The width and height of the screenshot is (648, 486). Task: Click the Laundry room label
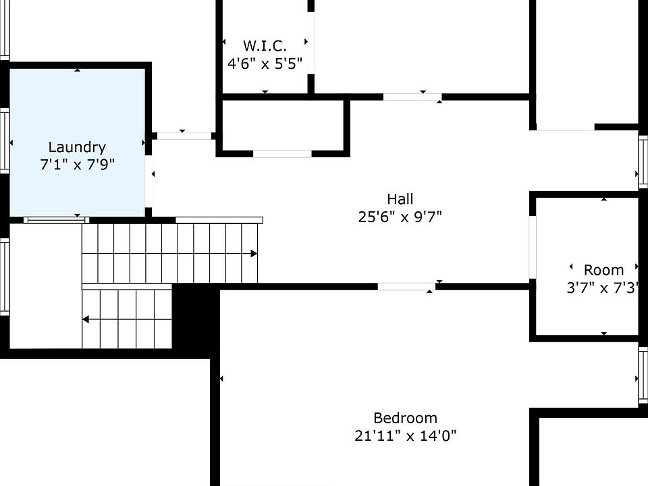(77, 147)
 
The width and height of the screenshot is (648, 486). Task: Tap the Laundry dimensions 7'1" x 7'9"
(77, 165)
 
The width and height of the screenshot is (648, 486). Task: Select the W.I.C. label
(265, 46)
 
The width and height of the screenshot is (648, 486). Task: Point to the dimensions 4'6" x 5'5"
(265, 63)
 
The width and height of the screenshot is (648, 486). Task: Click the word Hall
(400, 199)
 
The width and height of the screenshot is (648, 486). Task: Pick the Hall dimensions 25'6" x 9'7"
(400, 217)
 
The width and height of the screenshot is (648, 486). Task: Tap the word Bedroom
(405, 418)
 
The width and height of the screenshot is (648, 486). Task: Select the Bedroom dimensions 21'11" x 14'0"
(405, 435)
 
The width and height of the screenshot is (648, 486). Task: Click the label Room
(603, 270)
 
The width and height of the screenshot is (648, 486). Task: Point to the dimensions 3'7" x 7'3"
(603, 288)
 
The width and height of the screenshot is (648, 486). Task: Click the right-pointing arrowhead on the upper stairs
(254, 254)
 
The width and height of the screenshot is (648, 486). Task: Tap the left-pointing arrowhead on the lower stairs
(86, 319)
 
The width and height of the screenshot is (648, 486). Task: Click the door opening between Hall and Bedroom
(406, 287)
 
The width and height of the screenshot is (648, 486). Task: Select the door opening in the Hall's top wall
(412, 97)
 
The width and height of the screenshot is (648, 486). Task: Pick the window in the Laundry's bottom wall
(55, 219)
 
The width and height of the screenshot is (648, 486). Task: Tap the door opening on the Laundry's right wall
(148, 182)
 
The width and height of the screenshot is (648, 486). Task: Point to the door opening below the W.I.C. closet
(282, 154)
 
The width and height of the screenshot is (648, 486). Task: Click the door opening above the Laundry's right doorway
(184, 136)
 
